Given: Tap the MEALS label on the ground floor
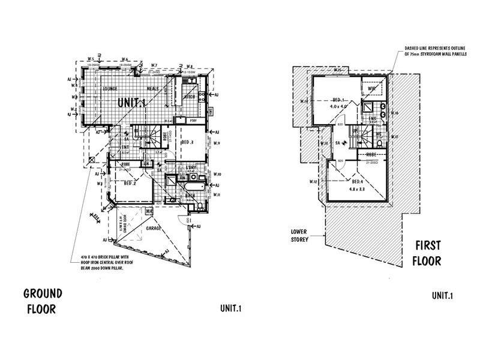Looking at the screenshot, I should tap(152, 89).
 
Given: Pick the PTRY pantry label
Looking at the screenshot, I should tap(193, 121).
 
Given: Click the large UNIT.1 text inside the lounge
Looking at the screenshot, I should tap(131, 103).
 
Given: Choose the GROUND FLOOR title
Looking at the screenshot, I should tap(43, 301).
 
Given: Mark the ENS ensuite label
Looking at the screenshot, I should tap(373, 119).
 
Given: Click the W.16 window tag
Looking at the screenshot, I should tap(394, 113).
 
